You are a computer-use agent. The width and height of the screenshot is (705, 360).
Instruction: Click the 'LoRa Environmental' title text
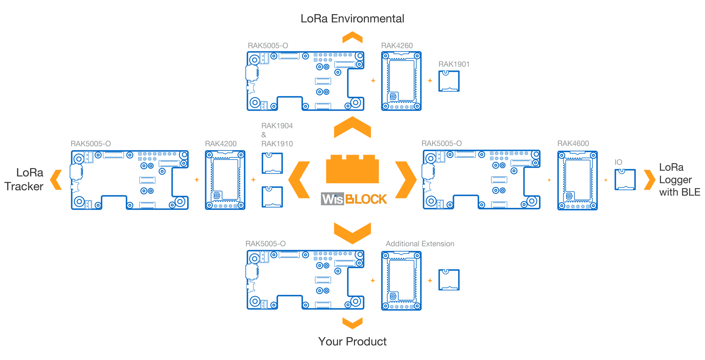352,18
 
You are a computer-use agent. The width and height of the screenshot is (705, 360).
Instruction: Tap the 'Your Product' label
352,341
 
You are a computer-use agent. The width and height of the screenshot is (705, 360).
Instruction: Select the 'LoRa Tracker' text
24,179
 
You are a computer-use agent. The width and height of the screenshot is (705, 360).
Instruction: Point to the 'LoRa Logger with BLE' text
680,180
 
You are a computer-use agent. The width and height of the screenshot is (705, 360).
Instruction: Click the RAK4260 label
397,45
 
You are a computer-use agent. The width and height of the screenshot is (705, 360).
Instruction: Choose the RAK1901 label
454,64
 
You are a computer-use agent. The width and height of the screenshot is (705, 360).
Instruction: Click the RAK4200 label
221,144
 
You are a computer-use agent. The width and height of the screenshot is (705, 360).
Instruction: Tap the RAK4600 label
573,143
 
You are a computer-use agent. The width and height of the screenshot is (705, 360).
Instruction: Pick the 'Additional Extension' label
420,244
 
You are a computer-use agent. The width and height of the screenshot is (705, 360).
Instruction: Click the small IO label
618,162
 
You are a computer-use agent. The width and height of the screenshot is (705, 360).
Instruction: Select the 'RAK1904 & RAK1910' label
277,135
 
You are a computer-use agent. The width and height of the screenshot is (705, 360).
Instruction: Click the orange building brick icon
352,169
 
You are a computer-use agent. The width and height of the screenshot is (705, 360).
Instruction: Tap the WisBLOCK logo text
354,199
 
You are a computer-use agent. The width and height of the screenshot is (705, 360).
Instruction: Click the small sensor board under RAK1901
449,81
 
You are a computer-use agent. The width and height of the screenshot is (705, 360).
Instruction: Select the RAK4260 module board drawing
401,81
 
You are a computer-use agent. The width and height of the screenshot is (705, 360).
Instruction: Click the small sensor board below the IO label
625,179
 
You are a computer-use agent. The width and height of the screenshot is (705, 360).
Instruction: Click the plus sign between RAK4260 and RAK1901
430,81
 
